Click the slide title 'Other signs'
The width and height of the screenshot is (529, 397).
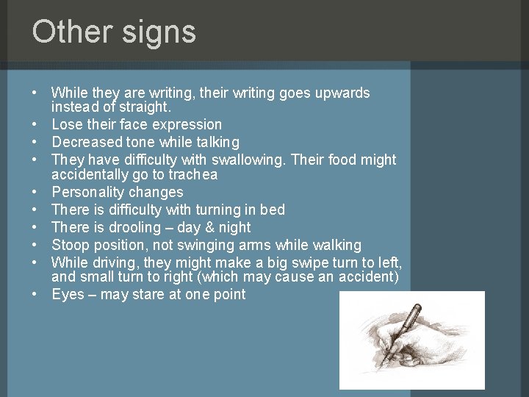pyautogui.click(x=114, y=32)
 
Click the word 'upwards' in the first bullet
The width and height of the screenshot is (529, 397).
pyautogui.click(x=342, y=93)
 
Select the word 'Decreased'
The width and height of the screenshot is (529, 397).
pyautogui.click(x=87, y=142)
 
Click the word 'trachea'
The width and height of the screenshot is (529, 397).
pyautogui.click(x=192, y=175)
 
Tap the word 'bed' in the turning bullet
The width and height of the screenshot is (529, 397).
pyautogui.click(x=272, y=210)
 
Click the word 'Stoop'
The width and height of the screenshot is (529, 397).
pyautogui.click(x=71, y=245)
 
